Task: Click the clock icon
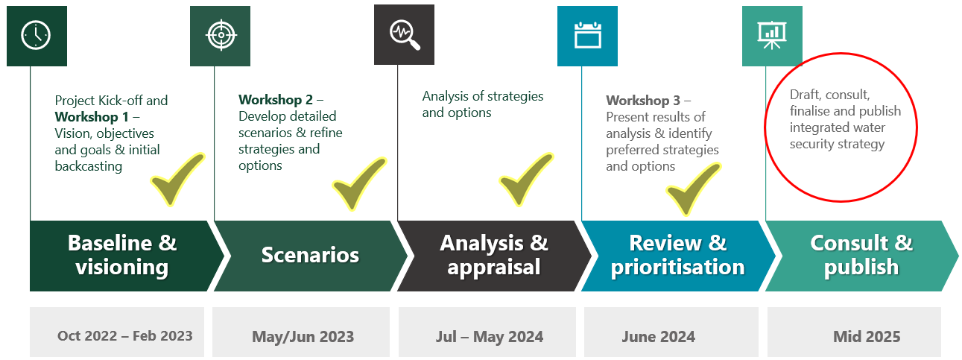(36, 35)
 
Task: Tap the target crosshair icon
(221, 35)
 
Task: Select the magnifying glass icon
(405, 35)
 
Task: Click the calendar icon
(587, 35)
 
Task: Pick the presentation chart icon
(772, 35)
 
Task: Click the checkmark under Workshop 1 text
(177, 179)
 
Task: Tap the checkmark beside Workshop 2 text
(359, 183)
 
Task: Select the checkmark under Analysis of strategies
(526, 179)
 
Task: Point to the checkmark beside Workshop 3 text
(694, 189)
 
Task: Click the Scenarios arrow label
(310, 255)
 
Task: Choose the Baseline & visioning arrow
(127, 256)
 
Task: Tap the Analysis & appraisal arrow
(495, 256)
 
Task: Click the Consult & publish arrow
(862, 256)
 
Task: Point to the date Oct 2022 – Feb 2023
(125, 335)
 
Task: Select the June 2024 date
(659, 336)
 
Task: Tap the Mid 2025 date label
(867, 336)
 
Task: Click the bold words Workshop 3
(643, 101)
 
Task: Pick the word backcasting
(89, 166)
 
